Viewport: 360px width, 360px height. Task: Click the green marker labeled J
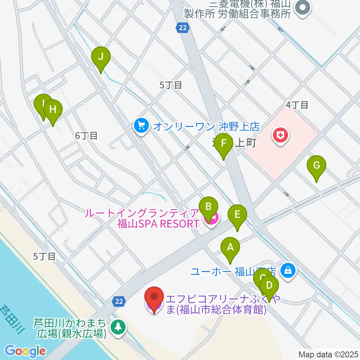pyautogui.click(x=101, y=57)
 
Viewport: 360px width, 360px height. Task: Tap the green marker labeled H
pyautogui.click(x=53, y=110)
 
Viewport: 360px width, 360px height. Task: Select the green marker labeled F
pyautogui.click(x=224, y=144)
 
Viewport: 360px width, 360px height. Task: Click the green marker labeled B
pyautogui.click(x=209, y=206)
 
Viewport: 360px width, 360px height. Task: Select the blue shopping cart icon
pyautogui.click(x=141, y=125)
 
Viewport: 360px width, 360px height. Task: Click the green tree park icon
pyautogui.click(x=118, y=326)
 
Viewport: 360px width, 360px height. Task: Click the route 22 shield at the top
pyautogui.click(x=182, y=27)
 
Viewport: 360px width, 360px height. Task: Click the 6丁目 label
pyautogui.click(x=86, y=136)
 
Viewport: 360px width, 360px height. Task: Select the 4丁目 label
pyautogui.click(x=297, y=105)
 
